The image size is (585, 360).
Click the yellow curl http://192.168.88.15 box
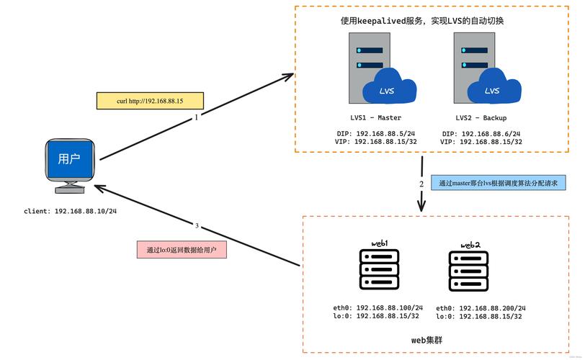pos(150,100)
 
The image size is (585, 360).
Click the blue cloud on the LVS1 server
pos(389,87)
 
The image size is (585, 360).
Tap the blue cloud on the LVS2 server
pos(493,87)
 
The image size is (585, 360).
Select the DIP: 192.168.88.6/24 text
pos(481,134)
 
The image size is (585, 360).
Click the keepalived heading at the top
pos(422,21)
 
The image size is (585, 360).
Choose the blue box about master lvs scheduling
pos(499,183)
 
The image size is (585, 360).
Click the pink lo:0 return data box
pos(182,250)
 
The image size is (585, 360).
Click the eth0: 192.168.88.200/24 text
pos(481,307)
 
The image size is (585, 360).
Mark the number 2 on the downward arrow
pos(421,184)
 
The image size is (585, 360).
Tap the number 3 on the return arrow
pos(197,225)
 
